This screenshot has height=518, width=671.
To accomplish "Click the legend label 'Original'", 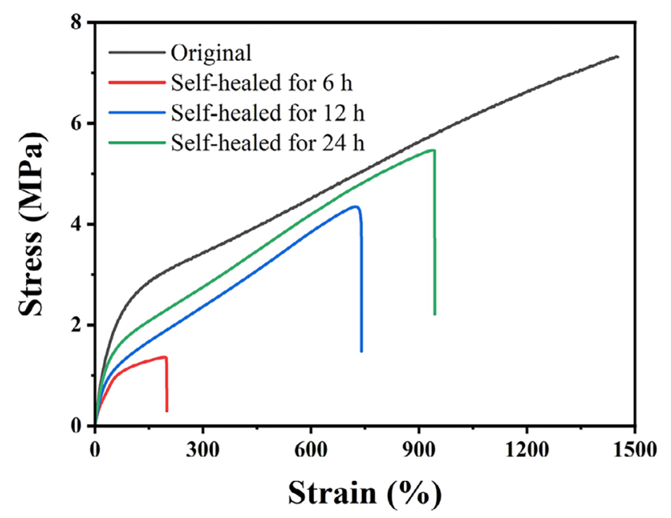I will tap(210, 53).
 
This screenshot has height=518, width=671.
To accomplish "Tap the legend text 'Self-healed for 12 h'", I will tap(266, 113).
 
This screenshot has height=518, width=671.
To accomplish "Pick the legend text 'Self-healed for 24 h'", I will tap(266, 142).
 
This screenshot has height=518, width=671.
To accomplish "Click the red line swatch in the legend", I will tap(136, 84).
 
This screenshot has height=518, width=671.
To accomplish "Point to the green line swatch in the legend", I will tap(136, 142).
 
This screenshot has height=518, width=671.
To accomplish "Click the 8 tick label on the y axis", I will tap(73, 23).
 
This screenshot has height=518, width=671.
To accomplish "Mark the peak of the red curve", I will tap(164, 357).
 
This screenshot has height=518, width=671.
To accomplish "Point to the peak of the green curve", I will tap(433, 150).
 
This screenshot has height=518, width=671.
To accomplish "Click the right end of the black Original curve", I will tap(618, 56).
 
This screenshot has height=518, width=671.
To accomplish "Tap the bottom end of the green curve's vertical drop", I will tap(435, 314).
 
